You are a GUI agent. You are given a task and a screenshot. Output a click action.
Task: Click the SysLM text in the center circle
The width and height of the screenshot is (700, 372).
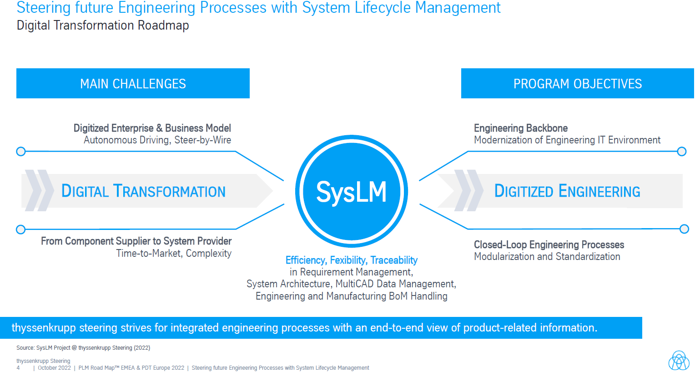(x=351, y=192)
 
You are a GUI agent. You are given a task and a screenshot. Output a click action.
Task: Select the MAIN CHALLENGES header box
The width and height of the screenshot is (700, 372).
(x=133, y=84)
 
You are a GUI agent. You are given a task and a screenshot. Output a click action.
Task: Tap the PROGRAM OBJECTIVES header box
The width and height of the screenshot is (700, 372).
(x=577, y=84)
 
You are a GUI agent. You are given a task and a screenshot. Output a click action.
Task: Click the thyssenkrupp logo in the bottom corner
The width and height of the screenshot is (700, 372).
(x=679, y=361)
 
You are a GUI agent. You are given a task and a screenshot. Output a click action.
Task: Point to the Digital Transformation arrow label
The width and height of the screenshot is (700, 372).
(x=143, y=191)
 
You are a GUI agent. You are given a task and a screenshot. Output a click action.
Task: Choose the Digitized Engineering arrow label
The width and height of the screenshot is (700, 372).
(x=567, y=191)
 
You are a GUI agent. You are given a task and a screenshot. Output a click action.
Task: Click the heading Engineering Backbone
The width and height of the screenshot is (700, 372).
(x=521, y=128)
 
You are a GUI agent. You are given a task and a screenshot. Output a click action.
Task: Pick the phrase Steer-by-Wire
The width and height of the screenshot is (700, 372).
(x=203, y=140)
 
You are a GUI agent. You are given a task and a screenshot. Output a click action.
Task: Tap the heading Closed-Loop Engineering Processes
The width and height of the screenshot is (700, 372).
(x=549, y=245)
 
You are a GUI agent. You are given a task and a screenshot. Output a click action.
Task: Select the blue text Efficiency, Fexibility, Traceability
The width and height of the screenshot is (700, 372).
(x=351, y=260)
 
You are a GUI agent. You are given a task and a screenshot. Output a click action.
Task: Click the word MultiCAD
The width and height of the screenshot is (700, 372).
(x=355, y=284)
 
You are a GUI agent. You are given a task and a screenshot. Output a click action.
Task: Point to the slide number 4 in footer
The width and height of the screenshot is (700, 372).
(x=18, y=368)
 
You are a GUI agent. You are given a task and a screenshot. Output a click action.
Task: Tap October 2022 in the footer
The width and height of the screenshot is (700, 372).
(x=54, y=368)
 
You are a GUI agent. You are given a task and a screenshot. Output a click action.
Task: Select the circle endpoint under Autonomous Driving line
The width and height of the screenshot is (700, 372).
(x=20, y=152)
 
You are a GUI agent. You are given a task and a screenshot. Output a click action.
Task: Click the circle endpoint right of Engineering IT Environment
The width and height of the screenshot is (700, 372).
(x=681, y=152)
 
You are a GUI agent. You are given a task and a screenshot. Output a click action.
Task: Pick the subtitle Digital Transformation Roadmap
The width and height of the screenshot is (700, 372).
(x=103, y=25)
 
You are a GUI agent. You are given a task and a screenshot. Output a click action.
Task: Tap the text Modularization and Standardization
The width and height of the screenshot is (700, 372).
(x=547, y=257)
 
